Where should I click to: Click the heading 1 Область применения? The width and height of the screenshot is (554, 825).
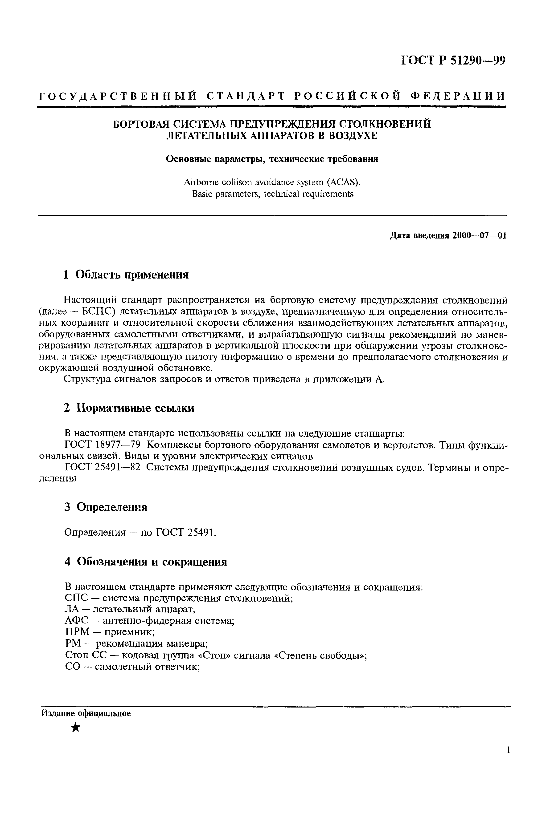pos(126,274)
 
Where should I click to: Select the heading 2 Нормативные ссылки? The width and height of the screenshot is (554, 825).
pos(129,408)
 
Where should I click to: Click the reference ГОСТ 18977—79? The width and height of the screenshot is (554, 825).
pos(101,445)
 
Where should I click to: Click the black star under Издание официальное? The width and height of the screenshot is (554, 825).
pos(75,727)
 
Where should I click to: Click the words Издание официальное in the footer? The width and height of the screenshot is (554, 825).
pos(86,713)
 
